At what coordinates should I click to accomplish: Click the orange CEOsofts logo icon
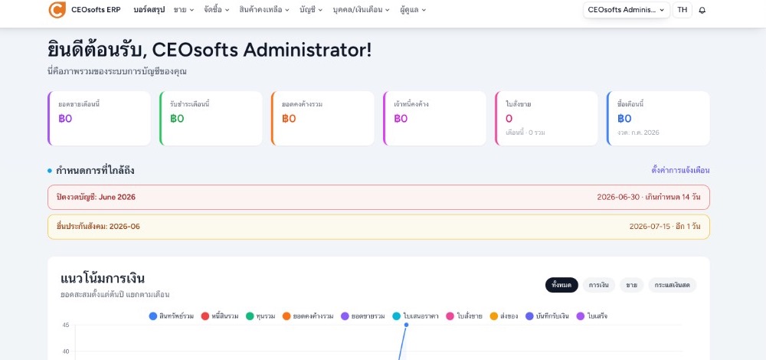click(x=57, y=10)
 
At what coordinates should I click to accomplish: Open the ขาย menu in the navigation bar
click(x=184, y=10)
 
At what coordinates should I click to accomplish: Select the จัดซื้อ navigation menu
click(x=217, y=10)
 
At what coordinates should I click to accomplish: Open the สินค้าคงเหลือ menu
click(x=264, y=10)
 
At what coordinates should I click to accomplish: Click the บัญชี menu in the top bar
click(x=311, y=10)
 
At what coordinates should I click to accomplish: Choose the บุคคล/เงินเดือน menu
click(x=361, y=10)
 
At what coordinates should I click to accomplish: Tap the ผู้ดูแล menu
click(x=413, y=10)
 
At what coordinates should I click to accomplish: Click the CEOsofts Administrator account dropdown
click(x=627, y=10)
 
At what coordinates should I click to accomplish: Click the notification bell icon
click(x=702, y=10)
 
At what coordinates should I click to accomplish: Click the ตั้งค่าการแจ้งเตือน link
click(x=680, y=171)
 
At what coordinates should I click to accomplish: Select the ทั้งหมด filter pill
click(x=561, y=285)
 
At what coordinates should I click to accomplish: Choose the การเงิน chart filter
click(x=598, y=285)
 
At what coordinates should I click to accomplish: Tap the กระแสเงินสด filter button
click(x=673, y=285)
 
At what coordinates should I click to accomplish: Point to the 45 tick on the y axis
click(x=65, y=325)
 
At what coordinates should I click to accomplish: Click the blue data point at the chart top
click(x=406, y=325)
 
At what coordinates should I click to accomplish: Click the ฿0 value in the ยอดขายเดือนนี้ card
click(x=65, y=119)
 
